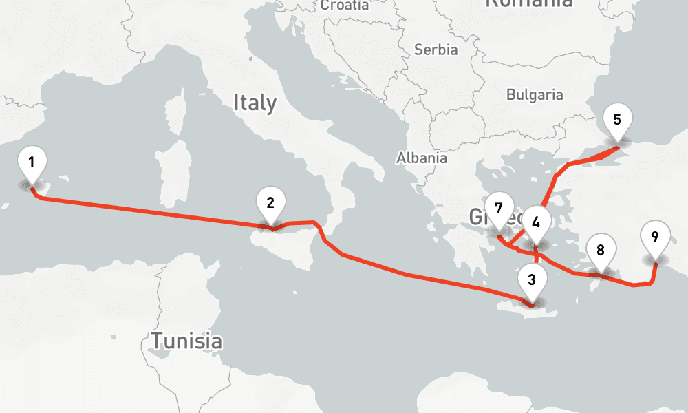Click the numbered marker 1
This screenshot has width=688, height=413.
[x=32, y=163]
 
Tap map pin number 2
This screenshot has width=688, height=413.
[x=270, y=204]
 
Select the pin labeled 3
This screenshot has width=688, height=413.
[x=531, y=281]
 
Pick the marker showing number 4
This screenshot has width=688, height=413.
[x=536, y=223]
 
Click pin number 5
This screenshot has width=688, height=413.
[x=616, y=120]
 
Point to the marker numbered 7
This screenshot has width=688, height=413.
[x=499, y=209]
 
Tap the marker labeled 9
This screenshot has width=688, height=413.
[x=654, y=238]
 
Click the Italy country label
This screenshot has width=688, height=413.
[x=255, y=103]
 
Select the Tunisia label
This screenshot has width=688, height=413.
[x=186, y=341]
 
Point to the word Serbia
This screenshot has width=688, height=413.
[x=436, y=50]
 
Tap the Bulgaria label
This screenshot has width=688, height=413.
[x=535, y=95]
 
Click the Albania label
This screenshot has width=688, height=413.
[x=421, y=158]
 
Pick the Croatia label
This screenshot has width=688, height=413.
[x=344, y=6]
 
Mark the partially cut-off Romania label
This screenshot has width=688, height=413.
[x=528, y=3]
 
